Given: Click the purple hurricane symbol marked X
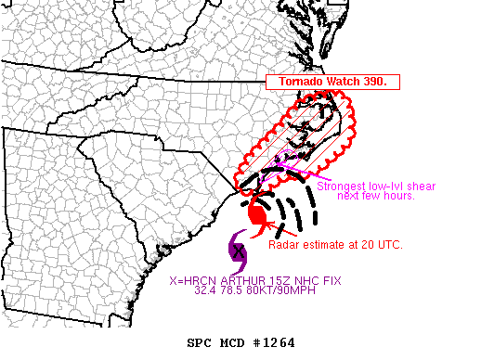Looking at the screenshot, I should pyautogui.click(x=238, y=250).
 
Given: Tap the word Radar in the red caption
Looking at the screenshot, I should pyautogui.click(x=285, y=246).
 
